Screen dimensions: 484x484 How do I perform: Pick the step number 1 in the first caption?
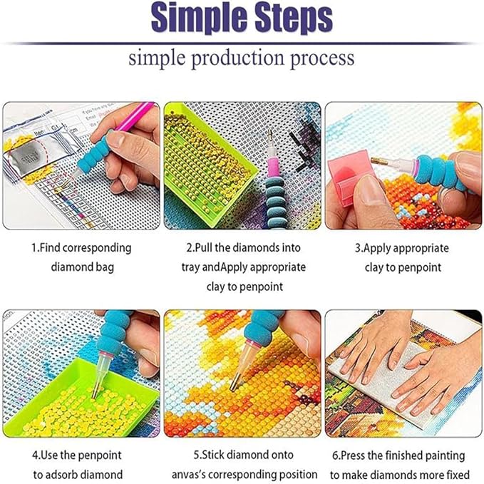34,249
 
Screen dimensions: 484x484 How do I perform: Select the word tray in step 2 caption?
190,268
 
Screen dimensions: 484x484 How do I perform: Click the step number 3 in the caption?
358,249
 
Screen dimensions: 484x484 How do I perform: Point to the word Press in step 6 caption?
358,455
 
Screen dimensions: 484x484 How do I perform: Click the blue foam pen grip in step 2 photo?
274,189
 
